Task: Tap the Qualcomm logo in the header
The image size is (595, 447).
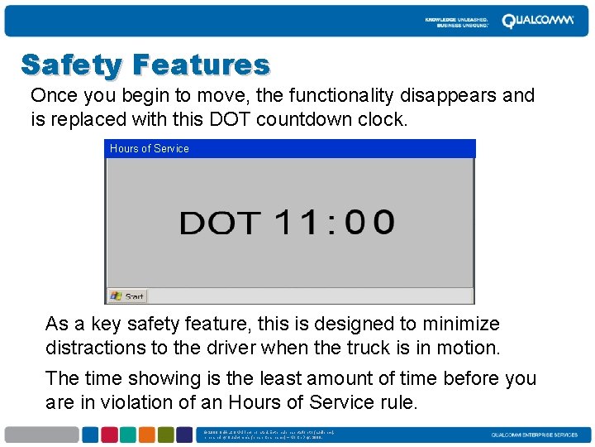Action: pyautogui.click(x=537, y=21)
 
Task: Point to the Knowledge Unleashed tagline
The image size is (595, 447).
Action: pyautogui.click(x=457, y=22)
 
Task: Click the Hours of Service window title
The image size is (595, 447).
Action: pyautogui.click(x=150, y=149)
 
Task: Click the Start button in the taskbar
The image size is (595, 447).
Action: pyautogui.click(x=127, y=296)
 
